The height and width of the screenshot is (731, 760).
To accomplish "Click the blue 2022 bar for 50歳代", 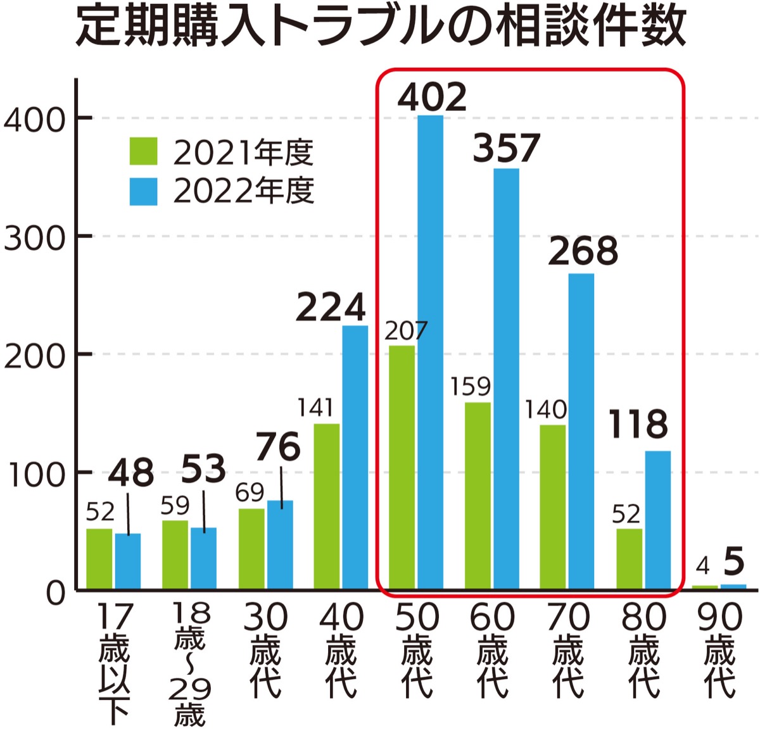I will pyautogui.click(x=430, y=352).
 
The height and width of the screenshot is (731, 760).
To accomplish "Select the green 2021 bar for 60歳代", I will pyautogui.click(x=478, y=496).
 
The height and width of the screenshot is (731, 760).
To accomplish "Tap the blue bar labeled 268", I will pyautogui.click(x=581, y=431).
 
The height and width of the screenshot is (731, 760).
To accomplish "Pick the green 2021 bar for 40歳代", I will pyautogui.click(x=327, y=506).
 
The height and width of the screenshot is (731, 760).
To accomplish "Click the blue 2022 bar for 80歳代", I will pyautogui.click(x=657, y=520).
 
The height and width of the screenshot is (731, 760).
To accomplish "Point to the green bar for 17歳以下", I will pyautogui.click(x=99, y=558).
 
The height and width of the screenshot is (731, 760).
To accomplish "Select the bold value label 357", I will pyautogui.click(x=506, y=148).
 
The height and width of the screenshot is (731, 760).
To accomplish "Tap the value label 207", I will pyautogui.click(x=406, y=331).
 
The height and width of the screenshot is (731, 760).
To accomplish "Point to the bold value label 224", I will pyautogui.click(x=331, y=308).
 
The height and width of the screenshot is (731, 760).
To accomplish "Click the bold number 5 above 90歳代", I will pyautogui.click(x=733, y=561).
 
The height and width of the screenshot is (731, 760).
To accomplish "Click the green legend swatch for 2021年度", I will pyautogui.click(x=143, y=152).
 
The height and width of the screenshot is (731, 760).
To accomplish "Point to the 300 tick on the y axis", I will pyautogui.click(x=35, y=239).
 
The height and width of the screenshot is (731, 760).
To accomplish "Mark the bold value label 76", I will pyautogui.click(x=278, y=448).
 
